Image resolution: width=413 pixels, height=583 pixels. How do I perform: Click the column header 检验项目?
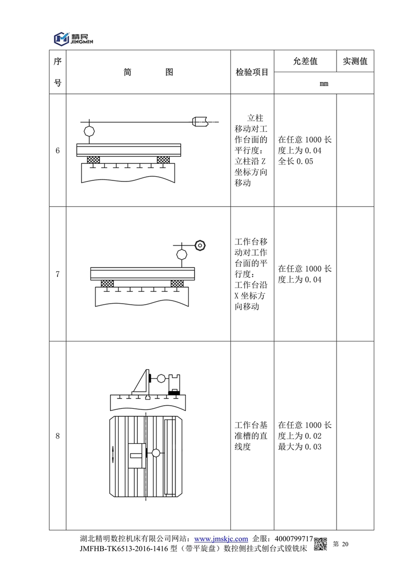coord(252,72)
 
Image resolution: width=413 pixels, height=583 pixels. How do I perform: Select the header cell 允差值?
coord(305,61)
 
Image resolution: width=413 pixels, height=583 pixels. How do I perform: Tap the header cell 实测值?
coord(355,61)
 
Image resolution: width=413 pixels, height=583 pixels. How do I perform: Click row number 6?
coord(57,151)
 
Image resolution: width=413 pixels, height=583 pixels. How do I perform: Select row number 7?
coord(57,274)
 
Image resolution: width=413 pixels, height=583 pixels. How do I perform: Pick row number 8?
coord(57,436)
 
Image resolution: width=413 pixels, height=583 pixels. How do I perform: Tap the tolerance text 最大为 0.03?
coord(299,447)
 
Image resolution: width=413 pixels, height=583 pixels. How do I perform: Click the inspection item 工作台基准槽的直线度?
coord(251,436)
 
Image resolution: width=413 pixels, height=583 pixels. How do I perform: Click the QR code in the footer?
coord(321,543)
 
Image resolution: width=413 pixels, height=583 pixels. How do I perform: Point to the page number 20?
coord(345,544)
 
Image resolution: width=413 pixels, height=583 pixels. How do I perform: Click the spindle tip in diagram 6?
coord(200,122)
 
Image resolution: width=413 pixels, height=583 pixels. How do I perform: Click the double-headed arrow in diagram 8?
coord(114,455)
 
